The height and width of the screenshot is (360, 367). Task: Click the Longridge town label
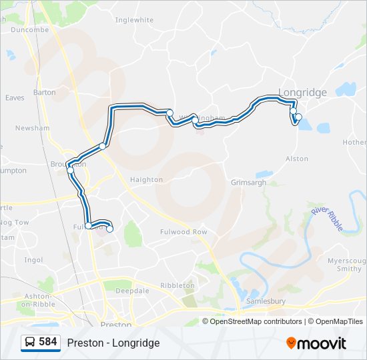click(302, 93)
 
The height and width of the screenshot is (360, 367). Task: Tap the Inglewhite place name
click(134, 21)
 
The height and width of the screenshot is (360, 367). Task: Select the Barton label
click(45, 93)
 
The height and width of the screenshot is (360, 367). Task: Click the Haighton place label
click(147, 179)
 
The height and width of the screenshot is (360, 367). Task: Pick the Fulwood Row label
click(184, 232)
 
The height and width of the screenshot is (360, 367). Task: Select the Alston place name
click(297, 159)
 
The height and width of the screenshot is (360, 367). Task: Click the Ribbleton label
click(177, 285)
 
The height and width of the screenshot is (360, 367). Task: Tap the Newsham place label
click(33, 128)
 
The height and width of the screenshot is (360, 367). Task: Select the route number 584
click(47, 342)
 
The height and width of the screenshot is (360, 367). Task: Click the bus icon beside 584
click(30, 343)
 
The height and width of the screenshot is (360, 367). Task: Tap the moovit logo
click(316, 343)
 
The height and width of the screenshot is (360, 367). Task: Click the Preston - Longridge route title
click(113, 343)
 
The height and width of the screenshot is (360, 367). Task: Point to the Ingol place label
click(33, 260)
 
